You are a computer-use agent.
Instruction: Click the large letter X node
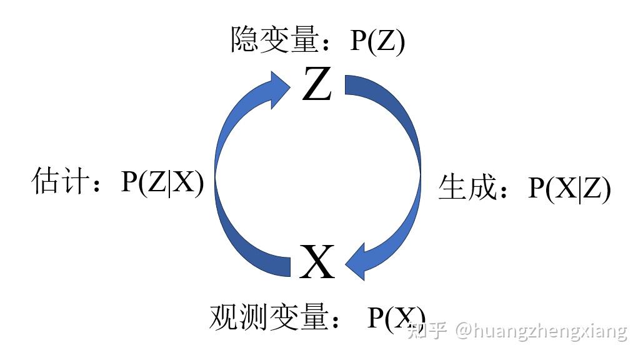click(x=317, y=262)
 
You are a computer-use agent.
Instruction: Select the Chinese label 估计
click(x=60, y=182)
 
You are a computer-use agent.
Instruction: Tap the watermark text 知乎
click(x=427, y=329)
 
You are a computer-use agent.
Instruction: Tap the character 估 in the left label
click(x=45, y=182)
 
